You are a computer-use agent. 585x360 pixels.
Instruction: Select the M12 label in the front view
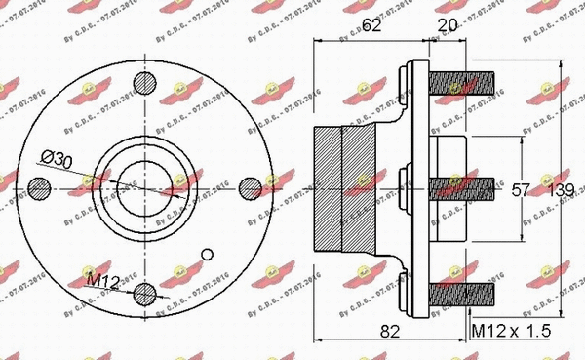pos(101,282)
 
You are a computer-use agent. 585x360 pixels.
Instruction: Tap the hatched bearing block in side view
pos(341,187)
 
